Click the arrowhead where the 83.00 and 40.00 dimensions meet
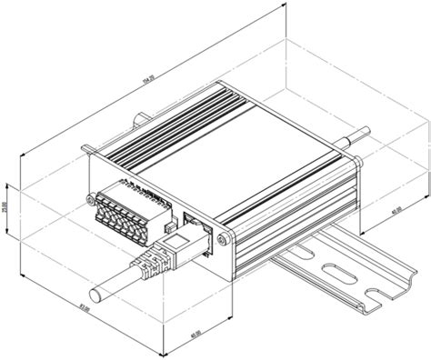(x=161, y=352)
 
